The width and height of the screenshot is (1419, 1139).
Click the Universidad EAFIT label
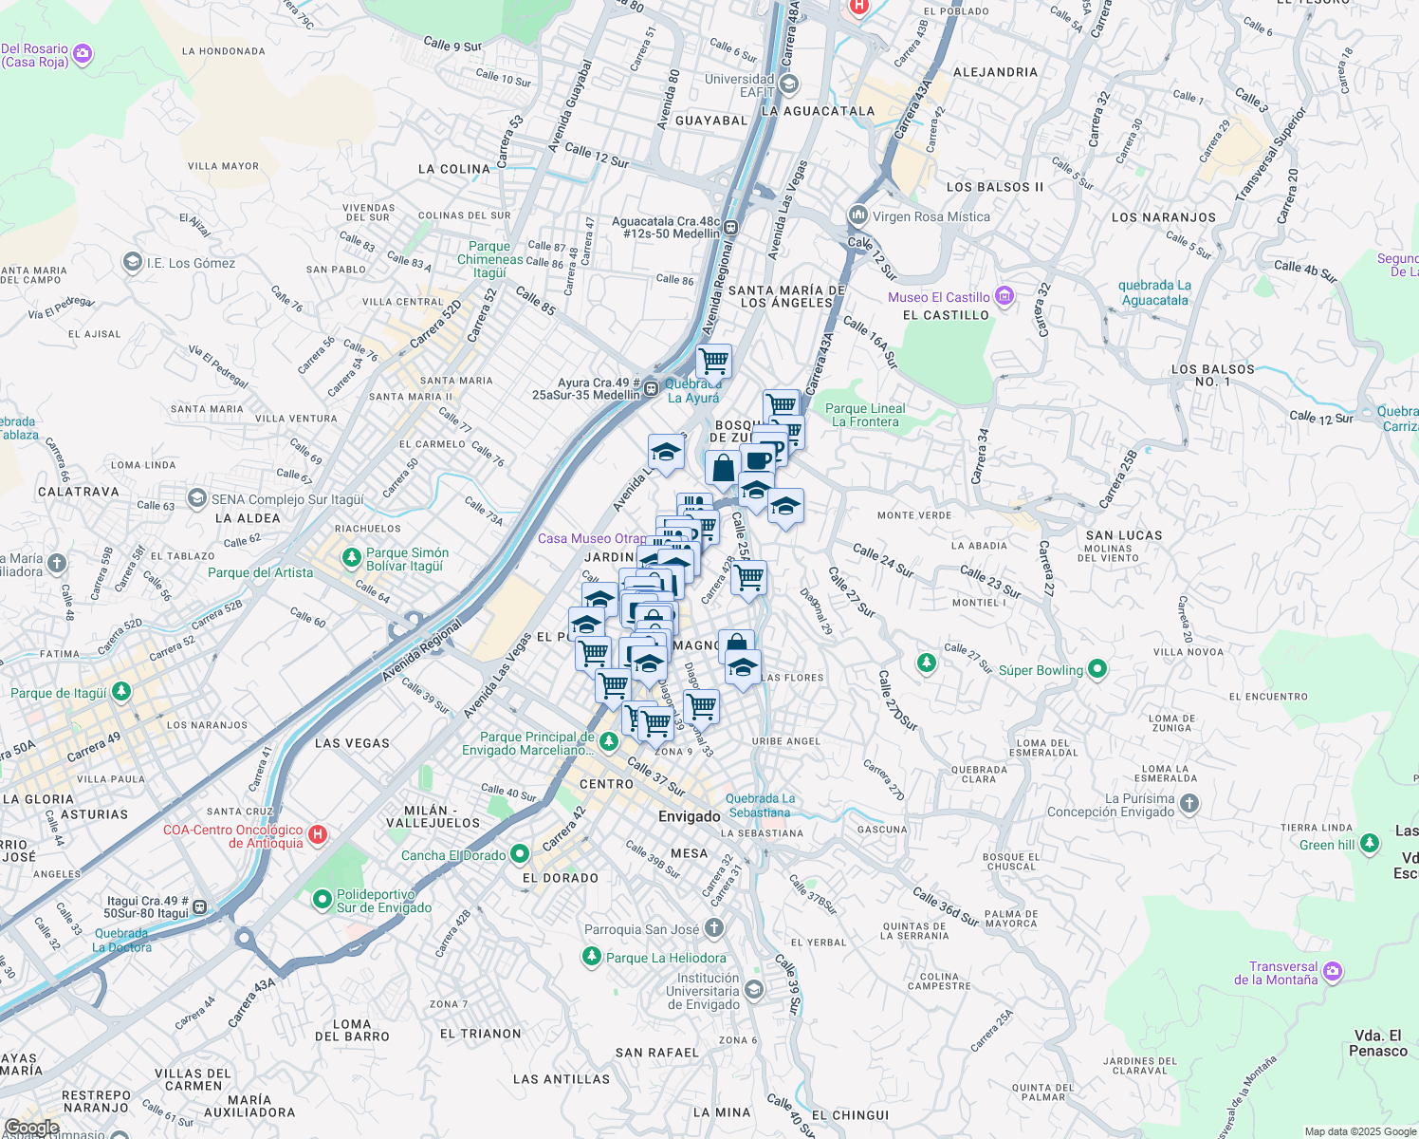point(740,85)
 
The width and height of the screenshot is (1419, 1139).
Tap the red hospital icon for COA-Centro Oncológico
point(319,835)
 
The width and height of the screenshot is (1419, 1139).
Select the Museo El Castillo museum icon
point(1004,297)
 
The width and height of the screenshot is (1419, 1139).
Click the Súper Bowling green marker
point(1097,669)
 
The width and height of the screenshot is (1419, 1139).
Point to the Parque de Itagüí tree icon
point(120,692)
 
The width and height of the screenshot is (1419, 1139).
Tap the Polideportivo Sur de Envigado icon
point(322,899)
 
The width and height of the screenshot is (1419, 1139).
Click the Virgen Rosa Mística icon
point(858,215)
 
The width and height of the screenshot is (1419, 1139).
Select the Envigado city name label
point(690,816)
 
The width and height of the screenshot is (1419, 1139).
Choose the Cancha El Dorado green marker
point(519,854)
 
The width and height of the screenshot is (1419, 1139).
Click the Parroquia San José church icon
point(714,928)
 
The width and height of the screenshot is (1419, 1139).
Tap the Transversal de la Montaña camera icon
point(1333,971)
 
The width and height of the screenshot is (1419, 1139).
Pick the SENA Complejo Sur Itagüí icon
point(197,498)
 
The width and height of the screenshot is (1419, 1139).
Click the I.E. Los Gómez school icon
point(133,262)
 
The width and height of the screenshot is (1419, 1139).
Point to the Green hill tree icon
point(1369,843)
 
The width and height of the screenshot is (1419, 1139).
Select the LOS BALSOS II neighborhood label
point(995,187)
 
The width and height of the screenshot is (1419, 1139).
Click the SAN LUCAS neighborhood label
point(1124,535)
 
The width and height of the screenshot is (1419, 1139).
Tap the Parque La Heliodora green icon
point(592,957)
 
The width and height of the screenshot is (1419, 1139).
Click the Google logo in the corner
point(31,1128)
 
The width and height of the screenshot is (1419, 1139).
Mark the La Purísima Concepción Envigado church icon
point(1189,805)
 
